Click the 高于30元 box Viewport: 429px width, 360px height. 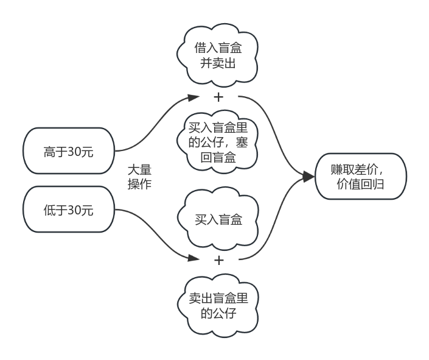(69, 151)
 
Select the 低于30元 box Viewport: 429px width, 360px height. (69, 210)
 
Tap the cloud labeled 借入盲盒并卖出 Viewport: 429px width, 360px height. (218, 55)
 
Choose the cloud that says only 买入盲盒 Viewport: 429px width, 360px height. (218, 219)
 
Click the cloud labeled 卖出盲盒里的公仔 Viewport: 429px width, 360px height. (218, 306)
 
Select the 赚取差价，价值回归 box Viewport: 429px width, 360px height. (360, 177)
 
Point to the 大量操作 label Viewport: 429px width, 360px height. (139, 176)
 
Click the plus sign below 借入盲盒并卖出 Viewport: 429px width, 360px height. (218, 97)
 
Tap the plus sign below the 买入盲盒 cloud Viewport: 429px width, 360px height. (218, 260)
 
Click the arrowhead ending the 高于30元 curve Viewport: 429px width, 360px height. (194, 97)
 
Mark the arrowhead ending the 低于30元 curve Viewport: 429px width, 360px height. (194, 258)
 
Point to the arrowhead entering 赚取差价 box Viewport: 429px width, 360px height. (309, 177)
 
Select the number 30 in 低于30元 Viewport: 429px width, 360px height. (74, 211)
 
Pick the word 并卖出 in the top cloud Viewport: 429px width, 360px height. (218, 63)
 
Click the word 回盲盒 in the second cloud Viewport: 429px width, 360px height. (218, 158)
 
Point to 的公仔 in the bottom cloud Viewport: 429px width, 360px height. (218, 314)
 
